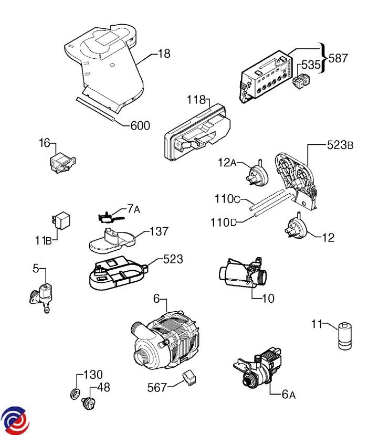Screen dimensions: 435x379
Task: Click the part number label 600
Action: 140,126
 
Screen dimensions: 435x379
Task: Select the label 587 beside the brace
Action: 338,58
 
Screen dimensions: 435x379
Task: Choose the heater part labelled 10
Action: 239,273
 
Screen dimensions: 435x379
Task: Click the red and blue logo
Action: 15,420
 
